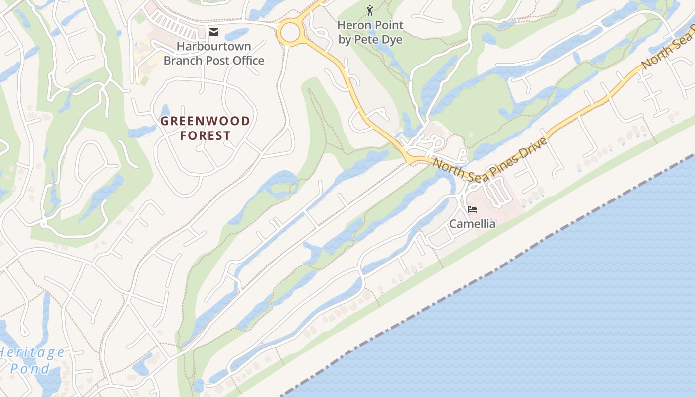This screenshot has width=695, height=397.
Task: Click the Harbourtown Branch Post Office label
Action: pyautogui.click(x=214, y=54)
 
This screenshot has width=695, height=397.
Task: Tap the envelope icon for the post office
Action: pyautogui.click(x=214, y=33)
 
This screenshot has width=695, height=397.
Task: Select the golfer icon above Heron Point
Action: pyautogui.click(x=369, y=10)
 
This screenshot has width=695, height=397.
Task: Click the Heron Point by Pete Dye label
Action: pyautogui.click(x=370, y=32)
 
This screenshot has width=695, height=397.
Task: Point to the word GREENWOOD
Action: pyautogui.click(x=205, y=121)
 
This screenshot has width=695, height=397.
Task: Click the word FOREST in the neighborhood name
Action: pyautogui.click(x=205, y=135)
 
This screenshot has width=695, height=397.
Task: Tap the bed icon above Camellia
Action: pyautogui.click(x=472, y=209)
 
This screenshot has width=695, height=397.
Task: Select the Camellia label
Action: pyautogui.click(x=472, y=224)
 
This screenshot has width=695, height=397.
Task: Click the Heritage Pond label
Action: pyautogui.click(x=31, y=360)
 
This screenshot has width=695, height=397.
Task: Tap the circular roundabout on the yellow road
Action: pyautogui.click(x=290, y=33)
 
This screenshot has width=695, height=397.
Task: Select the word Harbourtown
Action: pyautogui.click(x=214, y=47)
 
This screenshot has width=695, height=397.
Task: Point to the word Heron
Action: pyautogui.click(x=352, y=25)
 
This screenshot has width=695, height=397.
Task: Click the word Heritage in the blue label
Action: pyautogui.click(x=33, y=353)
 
